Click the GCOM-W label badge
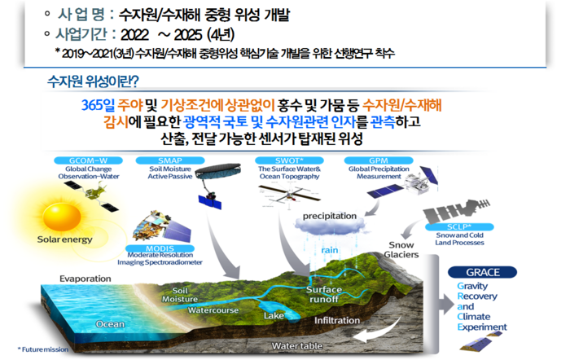pyautogui.click(x=88, y=160)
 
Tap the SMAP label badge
pyautogui.click(x=170, y=160)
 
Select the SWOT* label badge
pyautogui.click(x=289, y=160)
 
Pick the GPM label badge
pyautogui.click(x=379, y=160)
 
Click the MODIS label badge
pyautogui.click(x=160, y=248)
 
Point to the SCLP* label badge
pyautogui.click(x=459, y=227)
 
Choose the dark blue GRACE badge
pyautogui.click(x=483, y=272)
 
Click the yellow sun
pyautogui.click(x=62, y=217)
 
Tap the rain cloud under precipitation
pyautogui.click(x=330, y=228)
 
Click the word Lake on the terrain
pyautogui.click(x=274, y=316)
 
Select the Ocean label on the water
pyautogui.click(x=110, y=324)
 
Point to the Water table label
pyautogui.click(x=297, y=346)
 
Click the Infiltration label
pyautogui.click(x=337, y=320)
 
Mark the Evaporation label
pyautogui.click(x=85, y=279)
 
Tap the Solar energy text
pyautogui.click(x=64, y=239)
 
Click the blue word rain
pyautogui.click(x=330, y=250)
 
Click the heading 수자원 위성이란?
pyautogui.click(x=93, y=81)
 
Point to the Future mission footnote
pyautogui.click(x=43, y=349)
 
